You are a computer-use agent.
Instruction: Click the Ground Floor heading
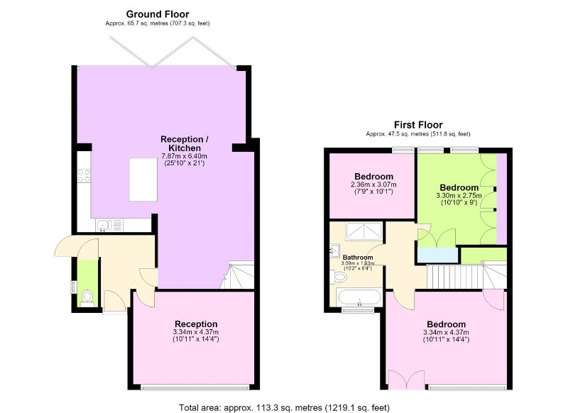pos(157,14)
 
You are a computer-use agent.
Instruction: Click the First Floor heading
pos(418,125)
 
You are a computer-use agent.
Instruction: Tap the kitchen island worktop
pos(143,179)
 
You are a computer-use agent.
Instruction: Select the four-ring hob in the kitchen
pos(84,176)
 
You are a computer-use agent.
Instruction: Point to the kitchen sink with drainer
pos(109,225)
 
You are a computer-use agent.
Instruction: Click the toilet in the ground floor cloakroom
pos(87,297)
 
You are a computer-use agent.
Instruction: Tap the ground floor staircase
pos(237,276)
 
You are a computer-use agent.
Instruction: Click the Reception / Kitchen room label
pos(185,144)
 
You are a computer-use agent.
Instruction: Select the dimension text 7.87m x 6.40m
pos(185,156)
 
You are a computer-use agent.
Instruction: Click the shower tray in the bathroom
pos(364,231)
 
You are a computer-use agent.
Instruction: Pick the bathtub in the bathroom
pos(359,298)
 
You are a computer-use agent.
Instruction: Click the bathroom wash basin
pos(334,250)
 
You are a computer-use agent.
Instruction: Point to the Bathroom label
pos(358,258)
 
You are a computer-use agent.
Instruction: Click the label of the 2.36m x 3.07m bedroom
pos(374,177)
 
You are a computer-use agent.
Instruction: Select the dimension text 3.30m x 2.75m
pos(459,196)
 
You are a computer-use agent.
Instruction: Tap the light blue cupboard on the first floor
pos(438,255)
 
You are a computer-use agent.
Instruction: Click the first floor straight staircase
pos(455,277)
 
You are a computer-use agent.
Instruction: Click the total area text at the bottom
pos(285,408)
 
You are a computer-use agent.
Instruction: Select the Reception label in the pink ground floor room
pos(196,324)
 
